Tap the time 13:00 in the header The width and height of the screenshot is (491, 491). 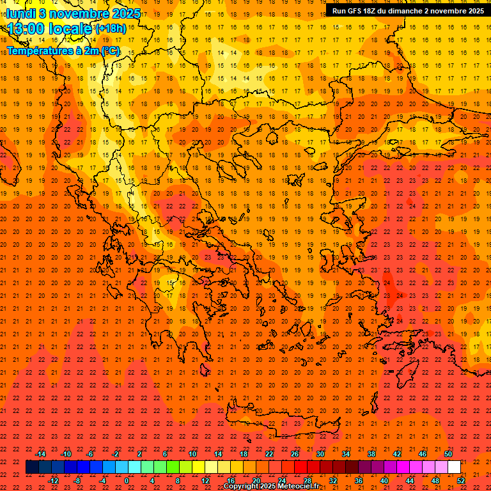pyautogui.click(x=25, y=29)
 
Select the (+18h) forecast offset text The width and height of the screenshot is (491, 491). pyautogui.click(x=111, y=29)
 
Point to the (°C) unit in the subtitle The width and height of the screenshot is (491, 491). pyautogui.click(x=109, y=51)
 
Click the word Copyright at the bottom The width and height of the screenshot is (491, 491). pyautogui.click(x=242, y=487)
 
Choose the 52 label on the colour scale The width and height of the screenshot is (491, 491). pyautogui.click(x=461, y=481)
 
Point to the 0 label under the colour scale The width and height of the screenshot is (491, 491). pyautogui.click(x=127, y=481)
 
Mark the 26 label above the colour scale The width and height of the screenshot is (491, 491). pyautogui.click(x=295, y=454)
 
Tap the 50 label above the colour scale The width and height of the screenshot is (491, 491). pyautogui.click(x=448, y=454)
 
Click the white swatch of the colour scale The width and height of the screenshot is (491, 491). pyautogui.click(x=454, y=467)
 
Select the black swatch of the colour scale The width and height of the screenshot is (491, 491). pyautogui.click(x=32, y=467)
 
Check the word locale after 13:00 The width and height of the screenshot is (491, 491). pyautogui.click(x=68, y=29)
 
